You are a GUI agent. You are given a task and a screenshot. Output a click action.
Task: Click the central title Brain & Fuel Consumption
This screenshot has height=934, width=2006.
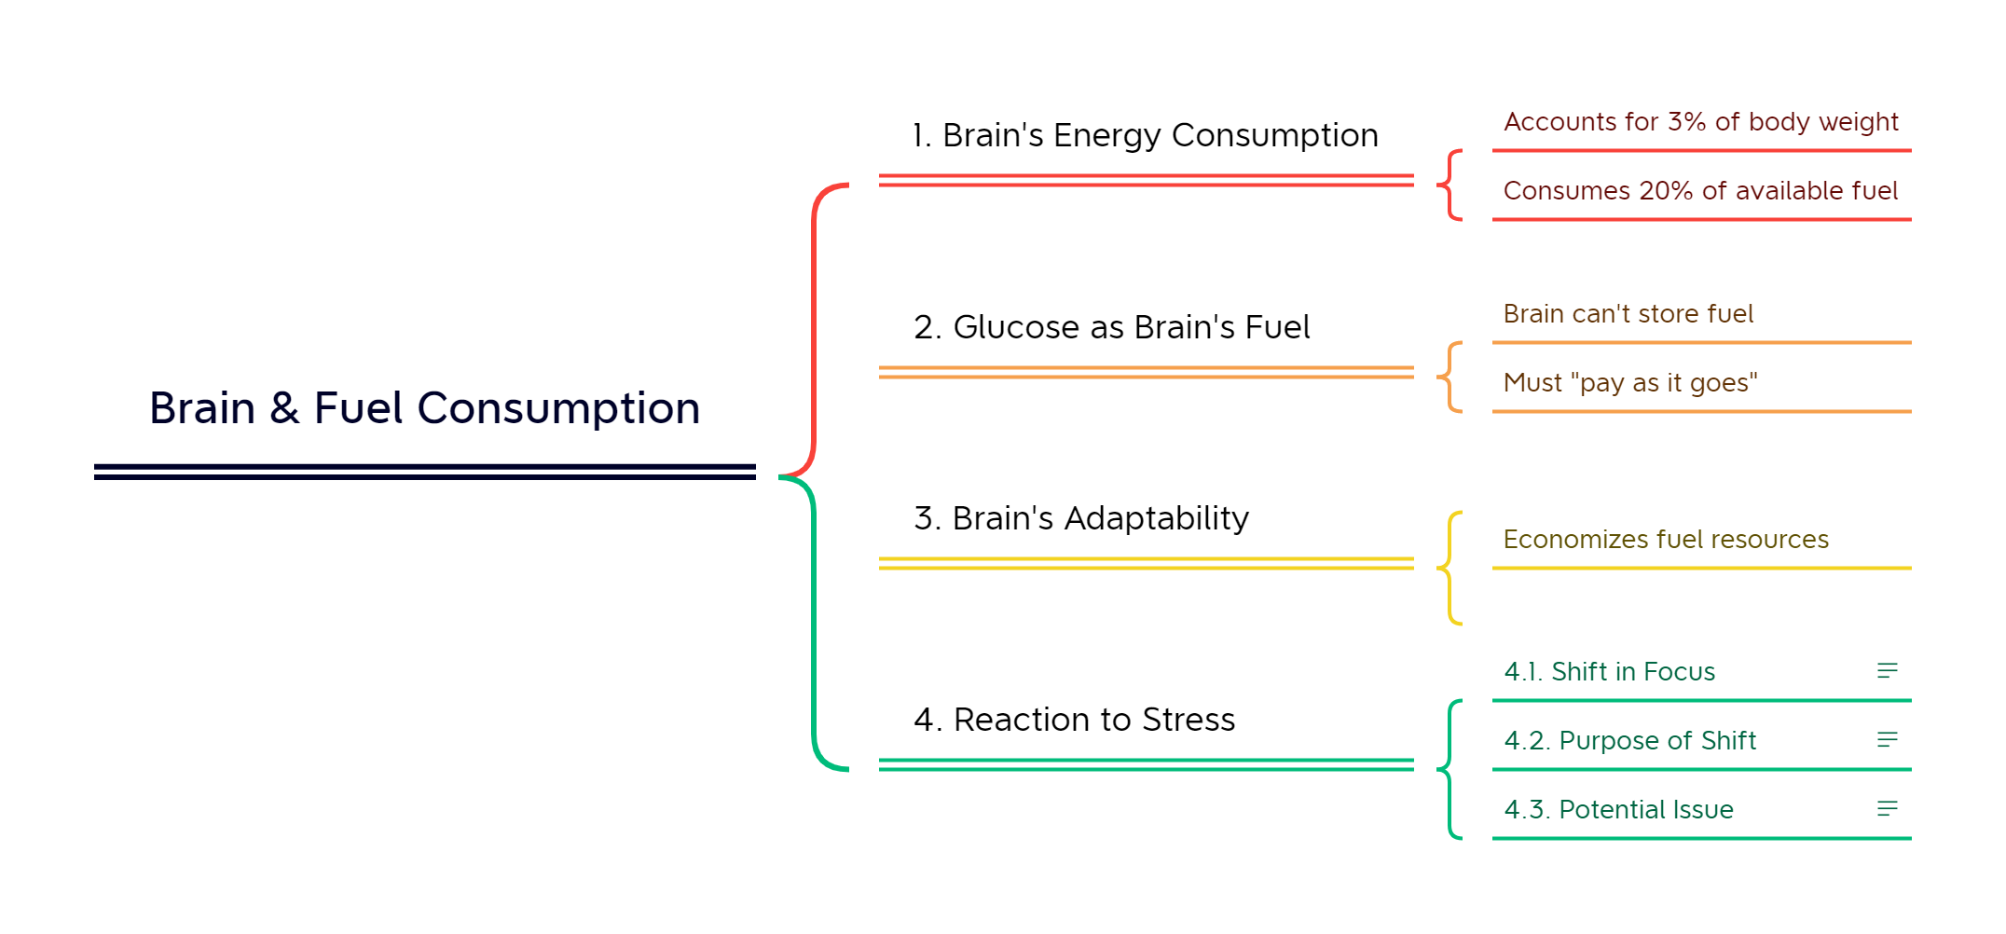tap(424, 408)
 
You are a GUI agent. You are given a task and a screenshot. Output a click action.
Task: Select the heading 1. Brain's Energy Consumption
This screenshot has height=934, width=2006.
tap(1145, 136)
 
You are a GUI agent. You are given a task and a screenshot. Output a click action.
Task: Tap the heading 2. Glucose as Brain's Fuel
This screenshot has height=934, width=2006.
tap(1111, 328)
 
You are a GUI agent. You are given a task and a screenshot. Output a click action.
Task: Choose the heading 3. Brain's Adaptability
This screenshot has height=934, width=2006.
tap(1081, 518)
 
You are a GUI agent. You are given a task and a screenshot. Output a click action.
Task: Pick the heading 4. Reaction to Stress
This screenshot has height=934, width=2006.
tap(1074, 720)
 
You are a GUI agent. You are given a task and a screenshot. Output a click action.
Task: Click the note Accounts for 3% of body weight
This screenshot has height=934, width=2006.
tap(1700, 122)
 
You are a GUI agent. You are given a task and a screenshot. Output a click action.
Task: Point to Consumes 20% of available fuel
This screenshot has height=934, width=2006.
tap(1700, 191)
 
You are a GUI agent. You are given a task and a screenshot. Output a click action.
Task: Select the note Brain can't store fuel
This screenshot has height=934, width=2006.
tap(1628, 314)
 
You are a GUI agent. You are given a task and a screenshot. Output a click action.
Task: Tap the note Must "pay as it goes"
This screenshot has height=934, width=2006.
tap(1629, 383)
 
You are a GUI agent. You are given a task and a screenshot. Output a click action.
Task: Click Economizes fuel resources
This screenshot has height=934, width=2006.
tap(1666, 540)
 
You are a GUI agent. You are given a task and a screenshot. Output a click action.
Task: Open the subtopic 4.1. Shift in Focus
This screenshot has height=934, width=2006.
tap(1609, 672)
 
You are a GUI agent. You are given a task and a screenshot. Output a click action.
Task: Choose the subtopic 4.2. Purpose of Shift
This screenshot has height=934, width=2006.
tap(1629, 741)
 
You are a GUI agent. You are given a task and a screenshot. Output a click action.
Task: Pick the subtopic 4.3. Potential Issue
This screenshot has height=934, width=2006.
tap(1618, 810)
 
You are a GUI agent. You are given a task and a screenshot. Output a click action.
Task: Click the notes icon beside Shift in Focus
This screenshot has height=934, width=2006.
tap(1887, 671)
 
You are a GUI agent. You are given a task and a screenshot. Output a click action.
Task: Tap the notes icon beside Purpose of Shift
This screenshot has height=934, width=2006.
tap(1887, 740)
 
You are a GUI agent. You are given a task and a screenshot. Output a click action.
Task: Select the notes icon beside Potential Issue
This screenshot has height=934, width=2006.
tap(1887, 809)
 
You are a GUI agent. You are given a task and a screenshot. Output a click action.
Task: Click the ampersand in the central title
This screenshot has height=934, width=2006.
tap(284, 409)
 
